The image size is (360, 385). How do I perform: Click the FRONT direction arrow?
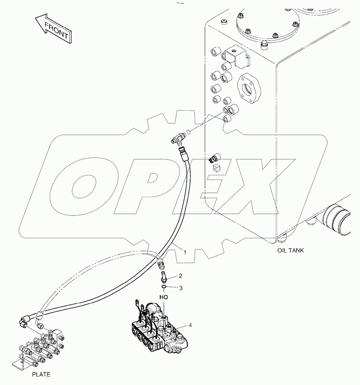coord(52,29)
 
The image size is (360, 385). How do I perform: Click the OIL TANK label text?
coord(290,250)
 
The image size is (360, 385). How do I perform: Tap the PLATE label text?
coord(41,374)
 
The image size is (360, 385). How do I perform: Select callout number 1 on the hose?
coord(184,252)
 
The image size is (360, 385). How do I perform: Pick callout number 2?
coord(180,276)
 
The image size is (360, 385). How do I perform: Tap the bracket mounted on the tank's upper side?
coord(235,56)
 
